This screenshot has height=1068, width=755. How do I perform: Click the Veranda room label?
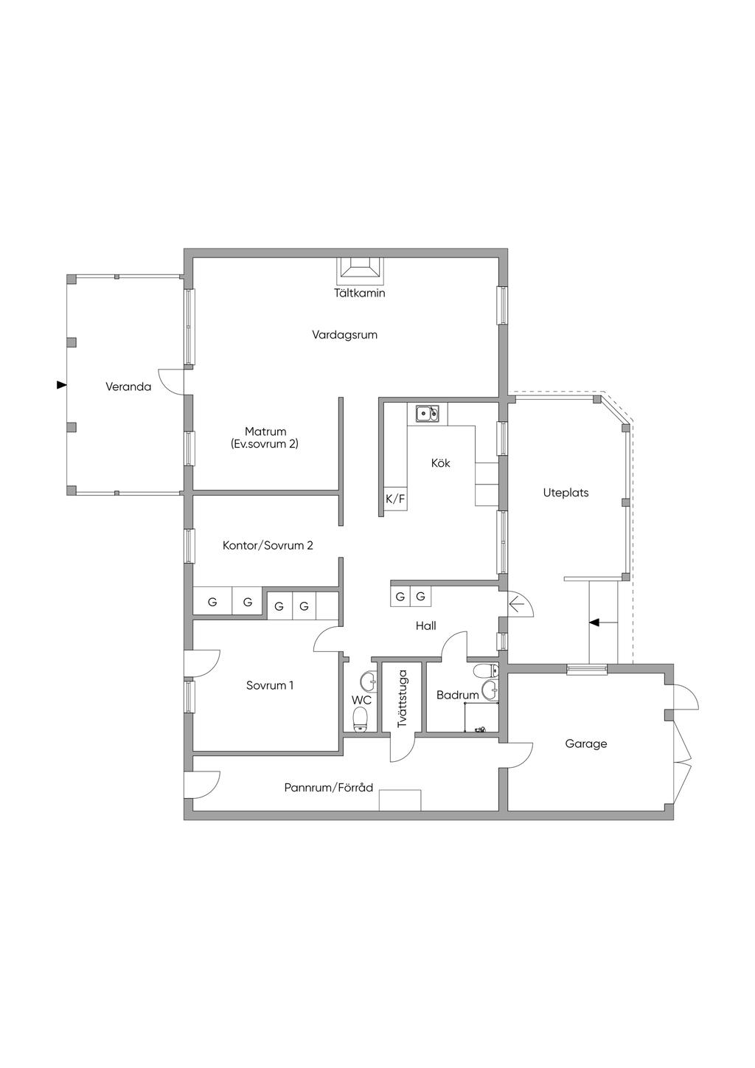click(128, 386)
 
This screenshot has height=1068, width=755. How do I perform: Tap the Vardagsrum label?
click(344, 335)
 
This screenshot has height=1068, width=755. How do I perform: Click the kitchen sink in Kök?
click(428, 413)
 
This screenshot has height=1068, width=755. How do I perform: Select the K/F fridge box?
click(396, 499)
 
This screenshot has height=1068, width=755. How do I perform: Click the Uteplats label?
click(566, 493)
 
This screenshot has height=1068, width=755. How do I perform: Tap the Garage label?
click(586, 743)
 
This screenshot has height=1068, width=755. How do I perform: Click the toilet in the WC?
click(361, 718)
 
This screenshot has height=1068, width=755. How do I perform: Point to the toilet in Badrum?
click(486, 670)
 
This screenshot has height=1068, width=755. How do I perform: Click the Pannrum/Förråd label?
click(328, 787)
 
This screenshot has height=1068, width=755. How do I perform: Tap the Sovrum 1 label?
click(270, 685)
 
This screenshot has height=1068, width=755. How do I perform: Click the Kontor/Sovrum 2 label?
click(268, 545)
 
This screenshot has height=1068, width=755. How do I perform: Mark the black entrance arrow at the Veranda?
click(61, 385)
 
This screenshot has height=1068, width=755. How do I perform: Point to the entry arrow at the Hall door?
click(517, 606)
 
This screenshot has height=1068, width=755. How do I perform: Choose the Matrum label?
click(265, 431)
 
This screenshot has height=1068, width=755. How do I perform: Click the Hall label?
click(425, 625)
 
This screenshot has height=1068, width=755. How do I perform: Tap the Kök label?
click(440, 462)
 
